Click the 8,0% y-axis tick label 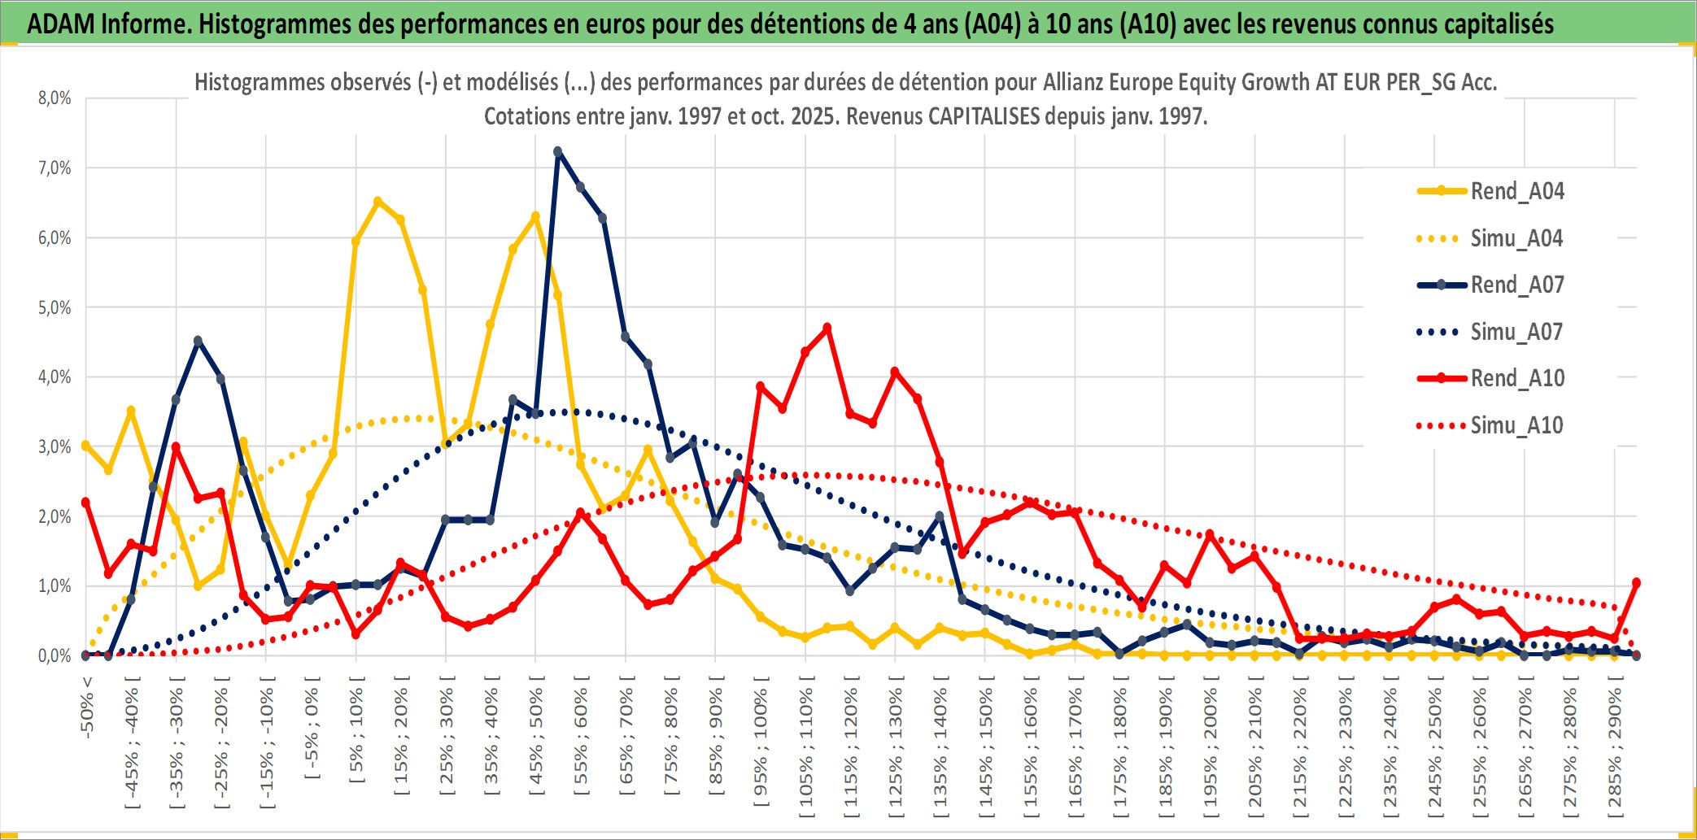55,98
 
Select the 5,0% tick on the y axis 55,307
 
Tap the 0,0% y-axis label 55,655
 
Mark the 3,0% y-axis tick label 55,446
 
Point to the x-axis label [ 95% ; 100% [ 761,747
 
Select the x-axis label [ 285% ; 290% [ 1615,752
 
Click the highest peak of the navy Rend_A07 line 557,151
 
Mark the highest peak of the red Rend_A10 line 827,328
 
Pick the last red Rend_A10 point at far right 1636,582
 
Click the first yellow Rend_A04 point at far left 85,446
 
